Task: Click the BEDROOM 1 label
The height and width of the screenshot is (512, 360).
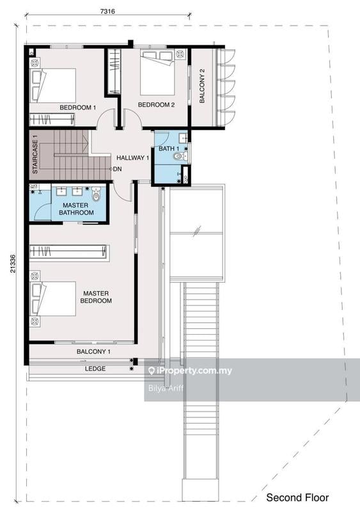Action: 77,108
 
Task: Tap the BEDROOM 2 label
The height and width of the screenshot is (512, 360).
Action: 156,105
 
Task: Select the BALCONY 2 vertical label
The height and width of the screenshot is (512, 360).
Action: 202,86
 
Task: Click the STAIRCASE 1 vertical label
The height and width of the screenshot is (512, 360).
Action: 36,154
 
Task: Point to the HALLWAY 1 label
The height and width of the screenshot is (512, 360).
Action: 132,157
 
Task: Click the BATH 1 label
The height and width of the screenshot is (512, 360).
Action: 169,148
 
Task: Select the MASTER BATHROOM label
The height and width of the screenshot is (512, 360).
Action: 76,209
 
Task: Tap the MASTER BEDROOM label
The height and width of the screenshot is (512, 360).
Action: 97,297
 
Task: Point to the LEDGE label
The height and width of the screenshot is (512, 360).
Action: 95,369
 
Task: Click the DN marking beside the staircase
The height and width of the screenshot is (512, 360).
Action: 117,170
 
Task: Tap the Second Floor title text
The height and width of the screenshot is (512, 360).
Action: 297,497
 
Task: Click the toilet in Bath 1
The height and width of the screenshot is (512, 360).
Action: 178,156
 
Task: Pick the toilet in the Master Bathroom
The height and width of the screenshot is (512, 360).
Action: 96,193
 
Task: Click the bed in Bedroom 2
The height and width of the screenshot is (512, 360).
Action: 157,73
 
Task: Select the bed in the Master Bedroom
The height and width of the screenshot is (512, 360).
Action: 54,298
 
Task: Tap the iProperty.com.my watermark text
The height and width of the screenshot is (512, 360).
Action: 190,371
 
